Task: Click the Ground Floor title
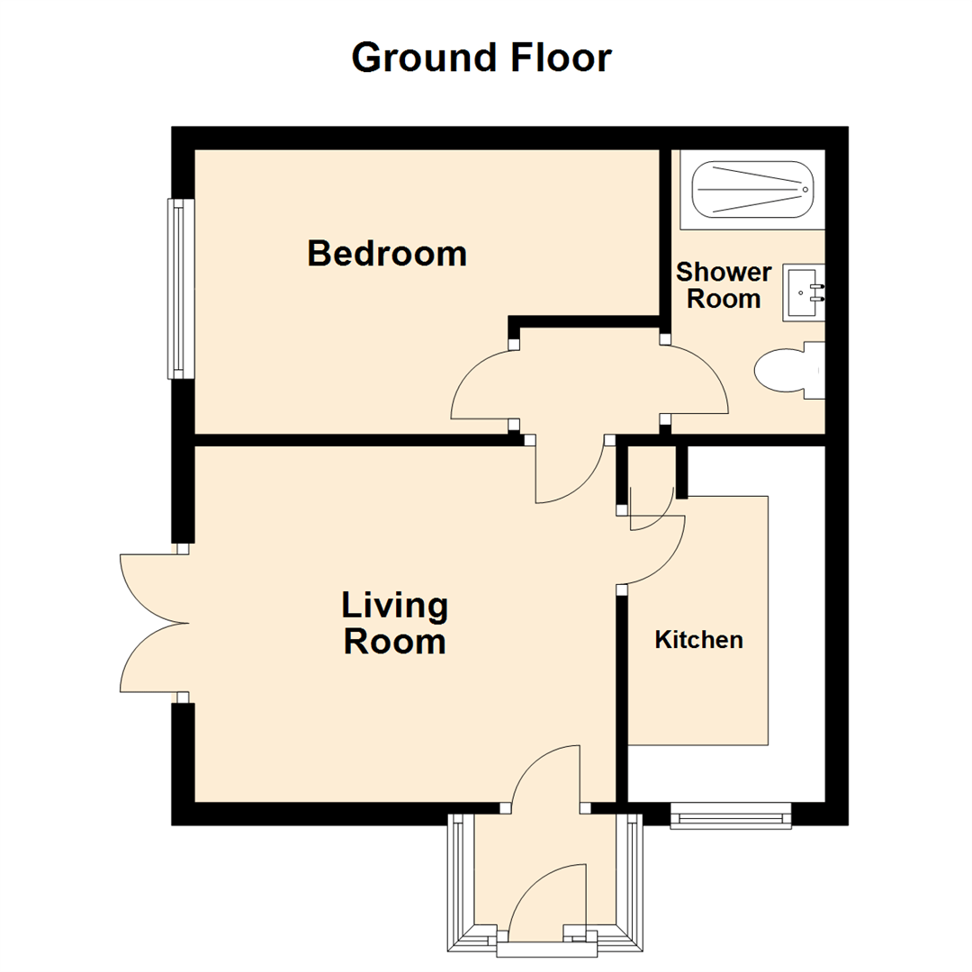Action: coord(481,58)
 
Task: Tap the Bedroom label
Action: coord(387,253)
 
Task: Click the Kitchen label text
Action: coord(698,640)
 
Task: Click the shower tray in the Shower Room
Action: coord(751,190)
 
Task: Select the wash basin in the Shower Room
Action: coord(804,292)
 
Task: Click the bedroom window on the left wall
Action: coord(181,288)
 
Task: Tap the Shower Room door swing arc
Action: coord(697,381)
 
